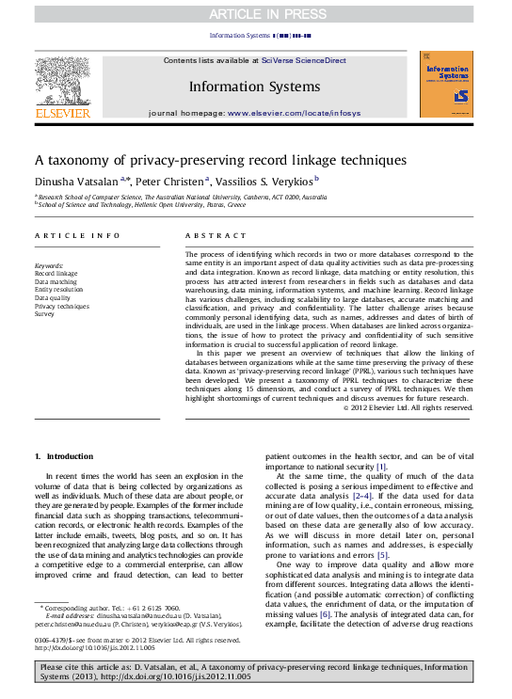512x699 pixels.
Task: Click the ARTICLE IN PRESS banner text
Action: pos(255,13)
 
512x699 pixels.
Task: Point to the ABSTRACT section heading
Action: pos(206,235)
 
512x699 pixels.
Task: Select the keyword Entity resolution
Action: pos(58,290)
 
